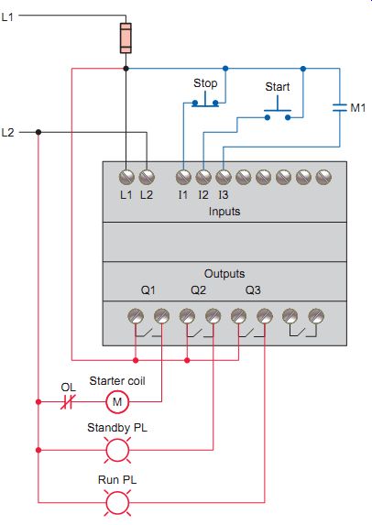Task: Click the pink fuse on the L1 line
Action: [x=126, y=38]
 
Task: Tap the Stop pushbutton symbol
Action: [x=205, y=102]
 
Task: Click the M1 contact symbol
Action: [x=340, y=108]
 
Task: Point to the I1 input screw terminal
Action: [x=183, y=177]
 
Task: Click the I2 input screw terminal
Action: [x=203, y=177]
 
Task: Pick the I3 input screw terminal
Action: [x=224, y=177]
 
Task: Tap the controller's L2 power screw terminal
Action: [x=147, y=177]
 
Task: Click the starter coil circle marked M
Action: [x=117, y=402]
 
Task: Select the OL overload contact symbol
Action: [x=68, y=401]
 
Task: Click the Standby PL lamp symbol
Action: [x=117, y=450]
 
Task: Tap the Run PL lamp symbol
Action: [x=117, y=502]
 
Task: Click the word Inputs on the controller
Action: [x=224, y=212]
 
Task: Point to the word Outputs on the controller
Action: [x=224, y=274]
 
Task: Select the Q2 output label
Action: [x=198, y=290]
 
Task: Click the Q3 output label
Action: [x=253, y=290]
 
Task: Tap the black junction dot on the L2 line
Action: [x=38, y=132]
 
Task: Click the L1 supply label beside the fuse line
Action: [x=7, y=16]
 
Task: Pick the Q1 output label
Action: [x=148, y=290]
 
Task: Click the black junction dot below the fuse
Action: [x=126, y=69]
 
